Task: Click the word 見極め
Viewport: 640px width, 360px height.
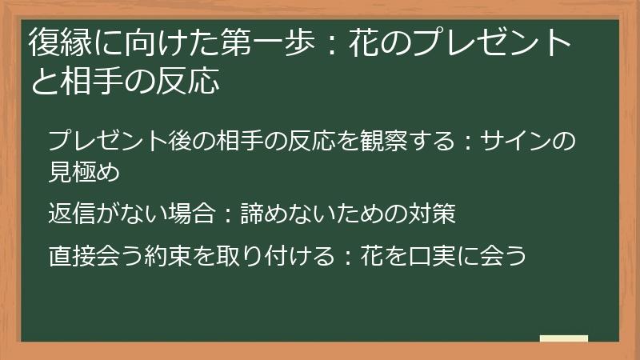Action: [x=84, y=170]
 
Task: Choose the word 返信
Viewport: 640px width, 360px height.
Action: [x=72, y=214]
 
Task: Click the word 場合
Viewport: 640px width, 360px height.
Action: [x=192, y=214]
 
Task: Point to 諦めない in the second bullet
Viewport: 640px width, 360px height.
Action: [x=288, y=214]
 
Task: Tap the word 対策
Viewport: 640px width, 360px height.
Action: [x=431, y=214]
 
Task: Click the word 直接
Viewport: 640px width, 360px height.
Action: [x=72, y=257]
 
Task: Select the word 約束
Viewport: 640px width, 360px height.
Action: [x=168, y=257]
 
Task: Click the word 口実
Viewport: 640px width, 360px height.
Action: [x=431, y=257]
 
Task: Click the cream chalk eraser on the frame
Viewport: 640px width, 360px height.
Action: [x=563, y=339]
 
